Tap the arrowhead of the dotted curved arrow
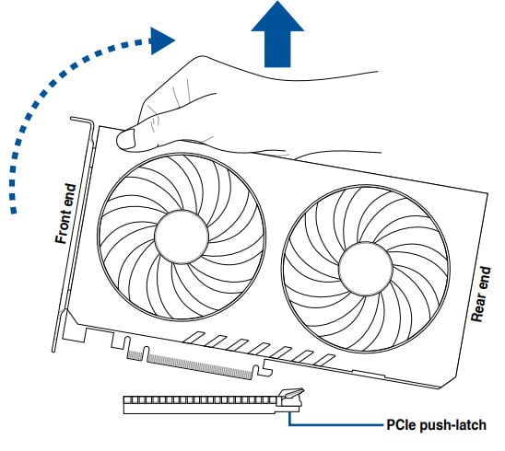click(x=161, y=40)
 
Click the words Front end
click(x=65, y=214)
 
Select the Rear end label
click(x=481, y=294)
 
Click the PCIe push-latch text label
click(x=437, y=424)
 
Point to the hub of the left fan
click(x=182, y=237)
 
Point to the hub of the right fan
click(x=366, y=269)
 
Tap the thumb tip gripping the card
click(x=125, y=139)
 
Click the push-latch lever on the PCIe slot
click(x=291, y=393)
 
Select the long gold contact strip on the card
click(x=199, y=366)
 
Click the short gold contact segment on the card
click(x=135, y=355)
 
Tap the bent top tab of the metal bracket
click(x=82, y=121)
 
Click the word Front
click(x=64, y=225)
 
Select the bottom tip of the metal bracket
click(x=53, y=350)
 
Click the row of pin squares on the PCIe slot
click(x=200, y=400)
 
